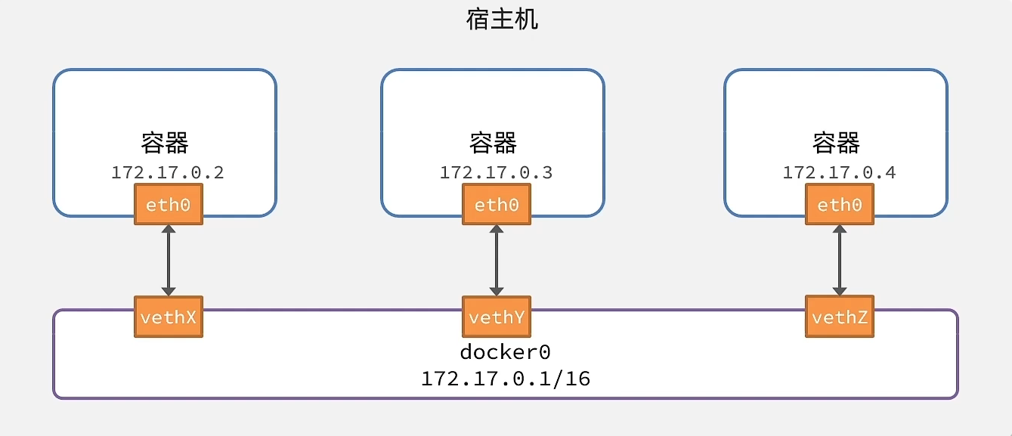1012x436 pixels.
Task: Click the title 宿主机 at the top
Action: [502, 19]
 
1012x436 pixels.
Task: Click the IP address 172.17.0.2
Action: [168, 172]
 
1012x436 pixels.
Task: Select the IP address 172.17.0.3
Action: [496, 172]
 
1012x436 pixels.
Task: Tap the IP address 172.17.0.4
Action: [839, 172]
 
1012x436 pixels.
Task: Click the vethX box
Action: [168, 317]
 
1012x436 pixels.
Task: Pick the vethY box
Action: [496, 317]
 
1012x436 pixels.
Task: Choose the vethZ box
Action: [839, 317]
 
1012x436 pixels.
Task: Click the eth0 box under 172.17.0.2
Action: [168, 205]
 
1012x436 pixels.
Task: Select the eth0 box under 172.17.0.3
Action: [496, 205]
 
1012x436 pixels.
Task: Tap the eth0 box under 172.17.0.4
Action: [839, 205]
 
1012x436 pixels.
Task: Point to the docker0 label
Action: [505, 352]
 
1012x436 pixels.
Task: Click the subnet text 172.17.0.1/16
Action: [505, 378]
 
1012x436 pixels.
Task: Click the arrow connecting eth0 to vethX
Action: [168, 260]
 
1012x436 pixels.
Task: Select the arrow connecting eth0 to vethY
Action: [496, 260]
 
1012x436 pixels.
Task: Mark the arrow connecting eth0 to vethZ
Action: [839, 260]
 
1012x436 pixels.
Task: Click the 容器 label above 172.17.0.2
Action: [165, 142]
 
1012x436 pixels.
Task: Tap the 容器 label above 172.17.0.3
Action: [493, 142]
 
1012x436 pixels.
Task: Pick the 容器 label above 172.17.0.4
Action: [836, 142]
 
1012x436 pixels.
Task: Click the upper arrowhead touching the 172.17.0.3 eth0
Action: [496, 230]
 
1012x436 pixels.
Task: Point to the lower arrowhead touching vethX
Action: [168, 290]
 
